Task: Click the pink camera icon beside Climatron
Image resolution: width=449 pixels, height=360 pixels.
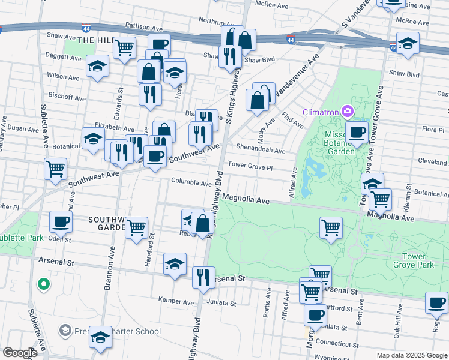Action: click(347, 111)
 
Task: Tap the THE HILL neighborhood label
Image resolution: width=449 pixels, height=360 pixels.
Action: click(95, 40)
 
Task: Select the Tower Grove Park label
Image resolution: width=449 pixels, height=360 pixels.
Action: click(413, 260)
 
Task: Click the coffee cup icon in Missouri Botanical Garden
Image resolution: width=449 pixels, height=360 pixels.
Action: click(357, 131)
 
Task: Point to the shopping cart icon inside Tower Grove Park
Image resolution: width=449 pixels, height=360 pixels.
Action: click(331, 227)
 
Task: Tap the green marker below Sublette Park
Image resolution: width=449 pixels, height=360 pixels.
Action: click(43, 284)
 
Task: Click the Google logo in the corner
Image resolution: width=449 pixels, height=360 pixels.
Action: click(20, 353)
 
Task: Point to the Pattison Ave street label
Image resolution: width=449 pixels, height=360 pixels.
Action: click(144, 27)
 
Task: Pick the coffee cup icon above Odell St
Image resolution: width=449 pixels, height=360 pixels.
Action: click(61, 221)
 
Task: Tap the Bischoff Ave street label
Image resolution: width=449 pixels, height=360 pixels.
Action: click(67, 97)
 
